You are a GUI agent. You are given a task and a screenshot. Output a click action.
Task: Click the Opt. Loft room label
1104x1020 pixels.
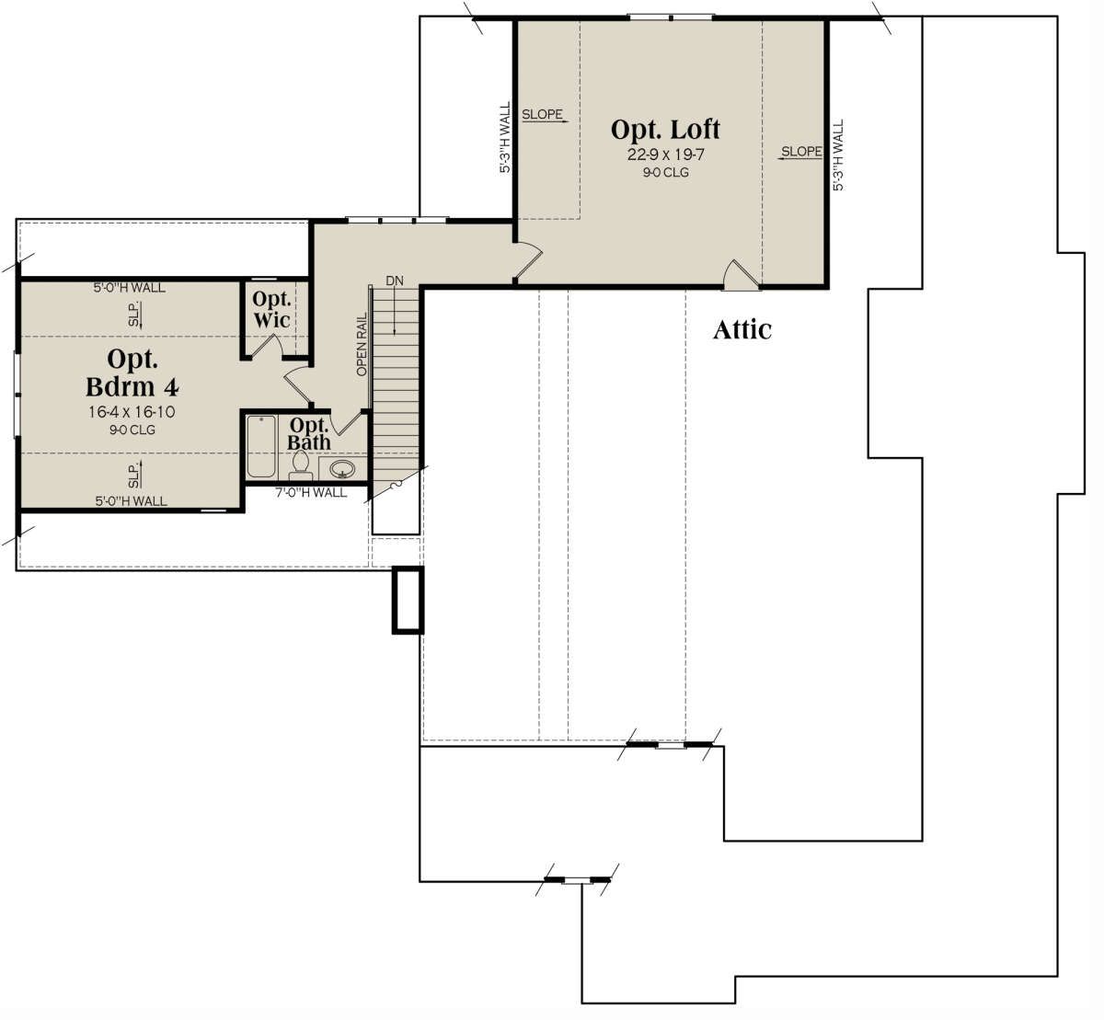(665, 130)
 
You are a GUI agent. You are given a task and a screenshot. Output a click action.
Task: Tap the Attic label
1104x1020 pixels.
(742, 329)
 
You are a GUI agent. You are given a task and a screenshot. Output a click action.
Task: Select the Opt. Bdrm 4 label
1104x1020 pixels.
(132, 373)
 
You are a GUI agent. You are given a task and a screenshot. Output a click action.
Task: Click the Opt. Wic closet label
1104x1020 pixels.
(271, 309)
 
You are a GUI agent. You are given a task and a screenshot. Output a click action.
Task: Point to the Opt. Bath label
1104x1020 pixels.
(309, 433)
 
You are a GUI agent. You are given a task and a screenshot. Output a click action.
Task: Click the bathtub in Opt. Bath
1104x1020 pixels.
(261, 446)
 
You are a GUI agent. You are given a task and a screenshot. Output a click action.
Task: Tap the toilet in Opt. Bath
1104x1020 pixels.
(301, 465)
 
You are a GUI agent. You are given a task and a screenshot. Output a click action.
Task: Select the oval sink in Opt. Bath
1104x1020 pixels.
(342, 468)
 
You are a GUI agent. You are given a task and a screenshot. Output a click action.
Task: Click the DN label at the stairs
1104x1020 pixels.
(395, 281)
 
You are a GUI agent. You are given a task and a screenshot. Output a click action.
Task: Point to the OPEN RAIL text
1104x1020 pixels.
(362, 344)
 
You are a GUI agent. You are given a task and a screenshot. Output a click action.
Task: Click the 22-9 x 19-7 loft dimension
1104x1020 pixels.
(665, 155)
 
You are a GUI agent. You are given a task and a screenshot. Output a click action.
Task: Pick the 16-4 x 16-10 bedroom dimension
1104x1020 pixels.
(132, 412)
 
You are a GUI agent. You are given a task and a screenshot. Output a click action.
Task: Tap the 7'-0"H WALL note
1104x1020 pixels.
(311, 492)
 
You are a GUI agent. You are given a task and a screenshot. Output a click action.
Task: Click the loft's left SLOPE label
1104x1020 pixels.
(542, 114)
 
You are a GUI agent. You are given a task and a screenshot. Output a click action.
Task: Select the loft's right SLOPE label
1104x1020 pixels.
(801, 151)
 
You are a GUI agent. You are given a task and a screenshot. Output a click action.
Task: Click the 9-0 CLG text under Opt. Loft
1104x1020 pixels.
(665, 173)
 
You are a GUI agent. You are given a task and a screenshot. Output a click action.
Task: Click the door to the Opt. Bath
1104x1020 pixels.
(346, 422)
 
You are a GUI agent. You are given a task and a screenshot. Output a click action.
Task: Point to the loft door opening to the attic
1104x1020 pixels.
(741, 275)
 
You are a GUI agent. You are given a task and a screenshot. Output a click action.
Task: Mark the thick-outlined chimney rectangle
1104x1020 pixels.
(408, 600)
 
